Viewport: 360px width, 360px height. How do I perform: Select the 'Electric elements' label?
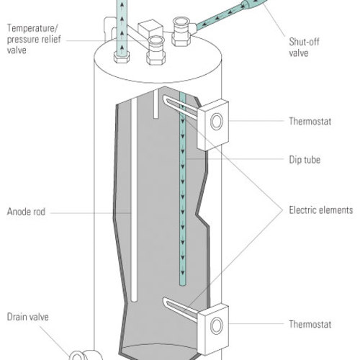(x=320, y=211)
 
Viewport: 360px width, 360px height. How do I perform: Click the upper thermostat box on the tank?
(x=213, y=124)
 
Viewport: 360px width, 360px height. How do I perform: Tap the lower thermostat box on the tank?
(x=213, y=326)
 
